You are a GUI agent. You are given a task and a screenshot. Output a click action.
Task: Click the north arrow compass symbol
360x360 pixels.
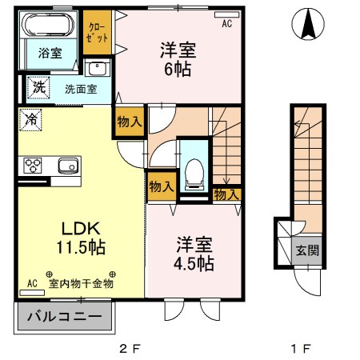tap(308, 24)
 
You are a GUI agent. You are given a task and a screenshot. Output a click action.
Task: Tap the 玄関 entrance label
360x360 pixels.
tap(308, 250)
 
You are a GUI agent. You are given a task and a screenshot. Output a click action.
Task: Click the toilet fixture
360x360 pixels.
tap(192, 171)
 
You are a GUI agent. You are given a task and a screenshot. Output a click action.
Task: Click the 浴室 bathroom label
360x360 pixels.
tap(46, 54)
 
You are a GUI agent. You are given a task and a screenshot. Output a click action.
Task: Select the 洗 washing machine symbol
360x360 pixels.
tap(38, 86)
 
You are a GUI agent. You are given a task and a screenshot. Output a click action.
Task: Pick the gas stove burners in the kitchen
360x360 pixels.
tap(34, 166)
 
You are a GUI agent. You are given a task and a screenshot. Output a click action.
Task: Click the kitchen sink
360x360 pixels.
tap(66, 166)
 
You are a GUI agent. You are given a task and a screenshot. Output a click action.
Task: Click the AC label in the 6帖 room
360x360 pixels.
tap(226, 24)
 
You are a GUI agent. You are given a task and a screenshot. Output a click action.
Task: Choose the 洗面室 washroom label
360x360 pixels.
tap(81, 90)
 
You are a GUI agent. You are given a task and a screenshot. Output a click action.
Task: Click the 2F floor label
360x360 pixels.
tap(130, 348)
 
